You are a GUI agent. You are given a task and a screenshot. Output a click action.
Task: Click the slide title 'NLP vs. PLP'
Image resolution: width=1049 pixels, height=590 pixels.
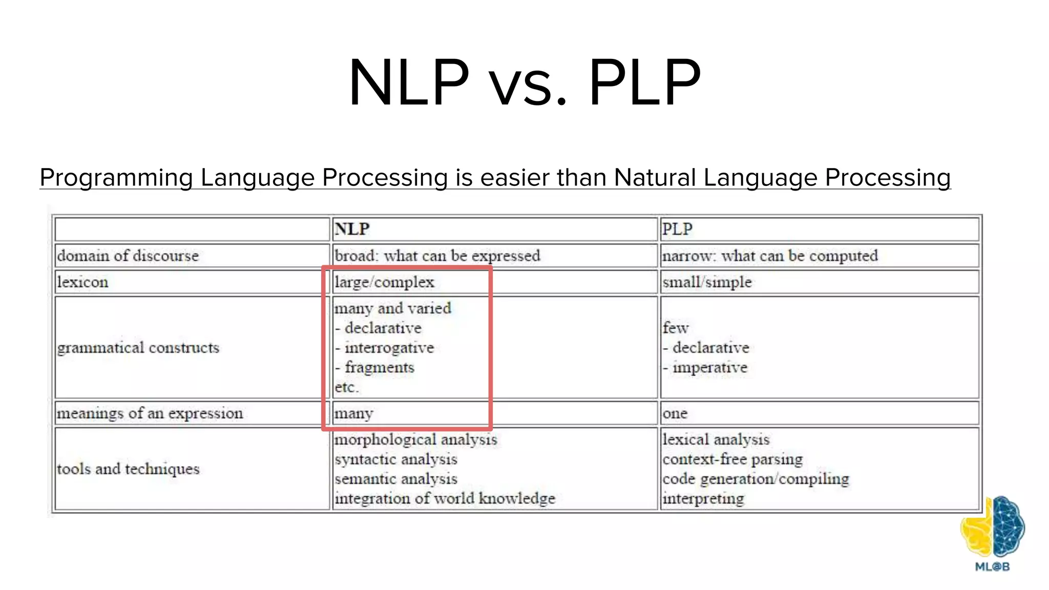click(524, 83)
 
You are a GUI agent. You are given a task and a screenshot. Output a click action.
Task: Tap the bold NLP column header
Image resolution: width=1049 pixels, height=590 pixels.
click(352, 229)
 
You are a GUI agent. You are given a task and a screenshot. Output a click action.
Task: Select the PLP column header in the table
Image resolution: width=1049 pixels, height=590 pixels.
click(677, 229)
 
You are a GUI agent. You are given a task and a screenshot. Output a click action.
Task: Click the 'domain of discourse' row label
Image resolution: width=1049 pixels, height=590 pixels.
click(128, 256)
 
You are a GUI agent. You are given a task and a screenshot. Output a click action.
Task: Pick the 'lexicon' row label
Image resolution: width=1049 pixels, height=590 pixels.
click(82, 282)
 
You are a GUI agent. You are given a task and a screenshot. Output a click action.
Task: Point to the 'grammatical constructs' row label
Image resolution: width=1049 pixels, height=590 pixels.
click(138, 348)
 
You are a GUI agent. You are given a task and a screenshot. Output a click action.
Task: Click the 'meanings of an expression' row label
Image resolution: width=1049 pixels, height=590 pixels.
click(150, 413)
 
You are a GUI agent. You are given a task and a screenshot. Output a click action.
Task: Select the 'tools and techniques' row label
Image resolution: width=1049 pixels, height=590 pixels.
click(128, 469)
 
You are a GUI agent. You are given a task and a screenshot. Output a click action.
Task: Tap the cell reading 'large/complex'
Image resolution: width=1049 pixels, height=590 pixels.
click(384, 282)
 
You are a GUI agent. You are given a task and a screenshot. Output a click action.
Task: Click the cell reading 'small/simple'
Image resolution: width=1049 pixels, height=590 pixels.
click(707, 282)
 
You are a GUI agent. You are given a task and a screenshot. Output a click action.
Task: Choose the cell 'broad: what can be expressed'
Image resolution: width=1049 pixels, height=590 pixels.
click(437, 256)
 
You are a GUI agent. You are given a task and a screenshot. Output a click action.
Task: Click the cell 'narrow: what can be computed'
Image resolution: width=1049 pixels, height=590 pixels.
click(770, 256)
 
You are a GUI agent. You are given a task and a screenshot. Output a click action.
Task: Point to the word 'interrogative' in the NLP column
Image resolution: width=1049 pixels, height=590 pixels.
click(389, 348)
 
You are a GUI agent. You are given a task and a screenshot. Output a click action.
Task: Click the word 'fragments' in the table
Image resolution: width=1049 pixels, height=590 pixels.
click(379, 368)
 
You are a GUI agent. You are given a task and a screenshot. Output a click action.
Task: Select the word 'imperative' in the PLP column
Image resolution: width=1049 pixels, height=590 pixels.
click(710, 368)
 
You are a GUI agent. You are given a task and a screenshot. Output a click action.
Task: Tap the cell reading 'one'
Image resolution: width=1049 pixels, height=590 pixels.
click(675, 413)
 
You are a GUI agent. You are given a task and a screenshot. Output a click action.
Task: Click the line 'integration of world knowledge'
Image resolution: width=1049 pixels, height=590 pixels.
click(445, 498)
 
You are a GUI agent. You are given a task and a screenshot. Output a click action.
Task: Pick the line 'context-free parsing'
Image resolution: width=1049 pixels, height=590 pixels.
click(732, 459)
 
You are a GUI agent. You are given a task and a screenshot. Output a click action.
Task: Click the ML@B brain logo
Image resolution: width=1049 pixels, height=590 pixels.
click(992, 530)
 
